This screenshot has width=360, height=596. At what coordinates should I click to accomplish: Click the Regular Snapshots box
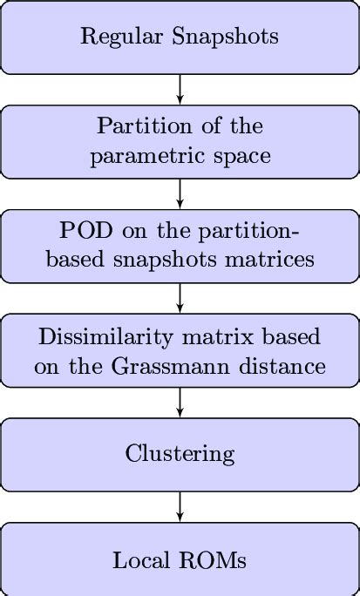point(180,37)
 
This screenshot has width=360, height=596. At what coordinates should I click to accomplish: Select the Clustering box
point(180,454)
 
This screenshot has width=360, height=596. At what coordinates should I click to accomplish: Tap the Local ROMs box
point(180,559)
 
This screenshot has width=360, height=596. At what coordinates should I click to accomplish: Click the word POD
point(82,234)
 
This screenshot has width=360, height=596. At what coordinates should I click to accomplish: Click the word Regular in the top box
point(113,37)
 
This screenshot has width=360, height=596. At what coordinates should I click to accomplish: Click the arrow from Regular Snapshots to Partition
point(180,89)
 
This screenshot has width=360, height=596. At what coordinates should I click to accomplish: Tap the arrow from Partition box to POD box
point(180,193)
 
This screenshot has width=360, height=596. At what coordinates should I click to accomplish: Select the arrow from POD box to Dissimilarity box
point(180,298)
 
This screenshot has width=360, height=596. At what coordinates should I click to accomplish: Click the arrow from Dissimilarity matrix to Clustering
point(180,403)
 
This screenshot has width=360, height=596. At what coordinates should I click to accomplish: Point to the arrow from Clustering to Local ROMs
point(180,507)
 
